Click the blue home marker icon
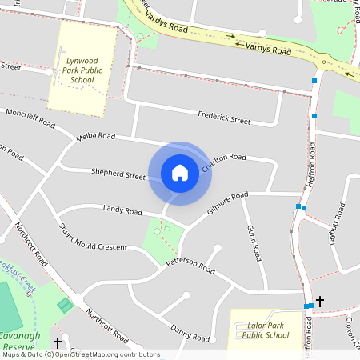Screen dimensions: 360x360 coord(180,173)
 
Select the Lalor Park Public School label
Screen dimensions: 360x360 coord(265,330)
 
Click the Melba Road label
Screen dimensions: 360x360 coord(96,137)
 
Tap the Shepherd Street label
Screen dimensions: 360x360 coord(118,174)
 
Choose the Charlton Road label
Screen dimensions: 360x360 coord(224,162)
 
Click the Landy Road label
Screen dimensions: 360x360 coord(122,210)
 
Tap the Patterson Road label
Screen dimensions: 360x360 coord(190,266)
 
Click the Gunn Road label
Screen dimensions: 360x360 coord(254,243)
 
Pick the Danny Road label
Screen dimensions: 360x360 coord(190,330)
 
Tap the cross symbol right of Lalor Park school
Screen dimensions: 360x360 coord(320,302)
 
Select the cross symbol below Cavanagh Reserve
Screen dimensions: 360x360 coord(58,343)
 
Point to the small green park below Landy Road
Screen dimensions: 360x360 coord(162,236)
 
